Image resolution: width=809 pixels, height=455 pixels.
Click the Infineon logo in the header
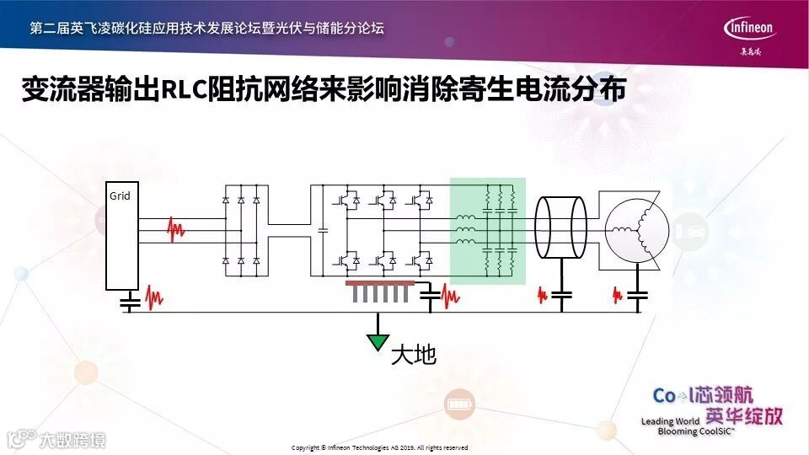coord(749,28)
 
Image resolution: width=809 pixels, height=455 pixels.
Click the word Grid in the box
coord(120,196)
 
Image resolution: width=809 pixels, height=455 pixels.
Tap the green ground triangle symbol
coord(379,340)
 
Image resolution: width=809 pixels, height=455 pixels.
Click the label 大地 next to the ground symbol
coord(414,355)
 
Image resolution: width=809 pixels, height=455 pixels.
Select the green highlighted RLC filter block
coord(488,230)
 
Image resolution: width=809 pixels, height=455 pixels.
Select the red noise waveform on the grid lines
coord(176,229)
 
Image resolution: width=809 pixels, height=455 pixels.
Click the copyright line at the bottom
coord(379,447)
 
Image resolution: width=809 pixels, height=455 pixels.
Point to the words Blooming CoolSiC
coord(696,431)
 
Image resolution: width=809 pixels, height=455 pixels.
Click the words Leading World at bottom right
coord(671,420)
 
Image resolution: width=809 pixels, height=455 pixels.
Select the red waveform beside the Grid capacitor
coord(155,297)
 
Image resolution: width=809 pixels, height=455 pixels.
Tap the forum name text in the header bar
coord(206,28)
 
